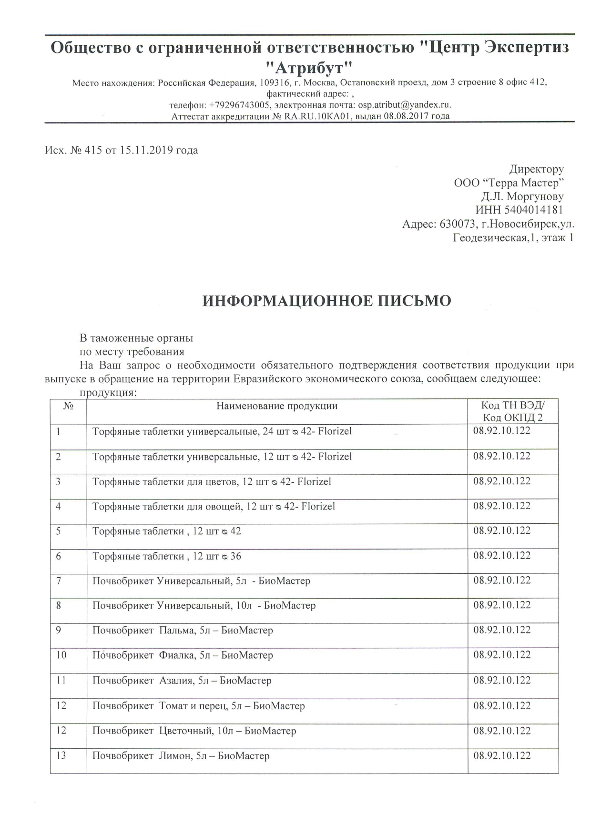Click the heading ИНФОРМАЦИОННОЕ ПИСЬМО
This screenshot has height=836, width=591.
327,301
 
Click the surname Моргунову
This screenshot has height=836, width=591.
535,196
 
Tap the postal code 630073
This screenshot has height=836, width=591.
455,224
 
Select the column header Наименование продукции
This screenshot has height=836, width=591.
277,406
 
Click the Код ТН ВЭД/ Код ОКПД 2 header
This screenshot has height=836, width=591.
513,412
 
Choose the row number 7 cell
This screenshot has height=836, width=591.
59,581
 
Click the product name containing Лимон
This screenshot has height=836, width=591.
181,756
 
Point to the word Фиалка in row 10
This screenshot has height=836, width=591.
176,655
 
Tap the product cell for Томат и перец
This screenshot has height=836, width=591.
198,706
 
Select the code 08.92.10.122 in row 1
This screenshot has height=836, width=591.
502,431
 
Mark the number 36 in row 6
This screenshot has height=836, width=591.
236,556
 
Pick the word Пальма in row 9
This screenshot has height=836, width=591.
175,631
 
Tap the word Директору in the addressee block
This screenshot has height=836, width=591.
537,169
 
